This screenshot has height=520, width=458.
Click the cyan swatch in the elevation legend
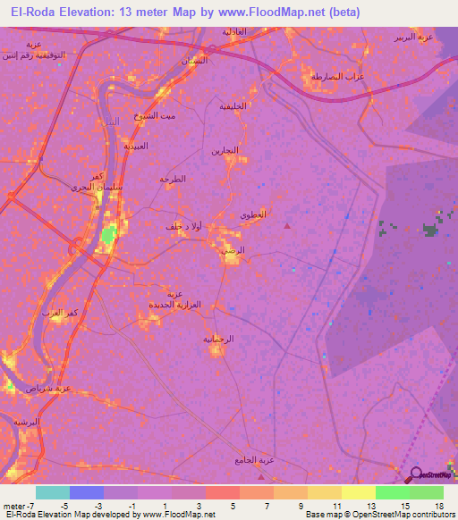(x=52, y=492)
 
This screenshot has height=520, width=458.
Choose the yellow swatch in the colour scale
(x=358, y=492)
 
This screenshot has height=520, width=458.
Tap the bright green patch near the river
(x=108, y=235)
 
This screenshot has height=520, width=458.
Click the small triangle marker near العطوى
(x=287, y=226)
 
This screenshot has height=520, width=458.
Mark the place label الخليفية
(x=233, y=105)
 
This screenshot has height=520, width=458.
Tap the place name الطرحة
(x=173, y=179)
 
